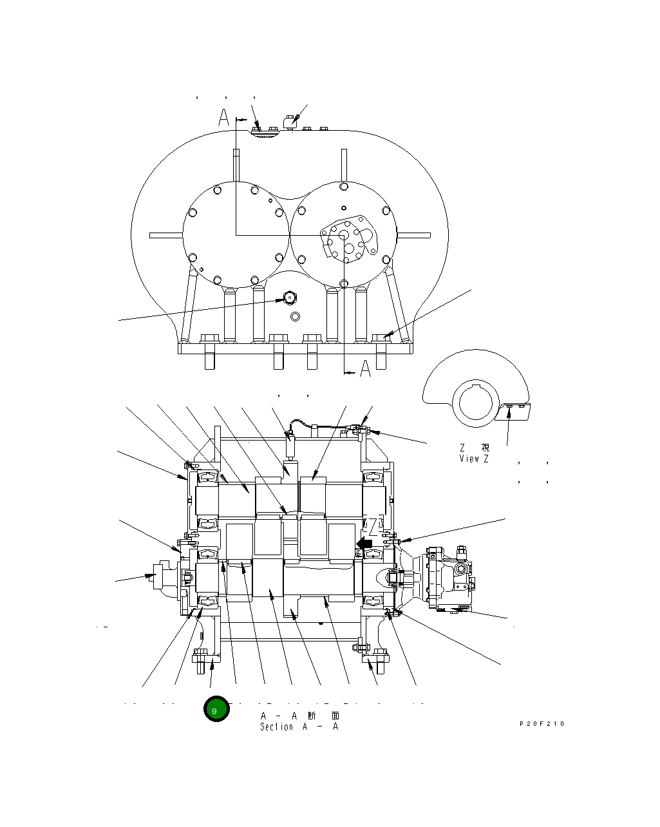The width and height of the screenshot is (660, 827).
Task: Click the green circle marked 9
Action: [x=216, y=709]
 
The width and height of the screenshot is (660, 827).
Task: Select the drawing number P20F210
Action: [x=542, y=724]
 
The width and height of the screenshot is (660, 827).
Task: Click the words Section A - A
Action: [x=299, y=727]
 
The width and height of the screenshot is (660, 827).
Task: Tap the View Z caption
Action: [x=474, y=459]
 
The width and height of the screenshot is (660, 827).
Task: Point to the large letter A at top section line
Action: [x=223, y=117]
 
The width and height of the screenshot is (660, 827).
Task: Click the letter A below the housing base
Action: [x=365, y=369]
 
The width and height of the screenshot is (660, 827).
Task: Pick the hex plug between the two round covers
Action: [x=289, y=298]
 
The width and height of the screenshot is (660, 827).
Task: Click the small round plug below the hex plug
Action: [x=295, y=316]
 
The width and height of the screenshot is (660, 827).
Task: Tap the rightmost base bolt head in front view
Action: [x=381, y=338]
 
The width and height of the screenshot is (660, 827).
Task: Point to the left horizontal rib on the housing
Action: [x=165, y=235]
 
